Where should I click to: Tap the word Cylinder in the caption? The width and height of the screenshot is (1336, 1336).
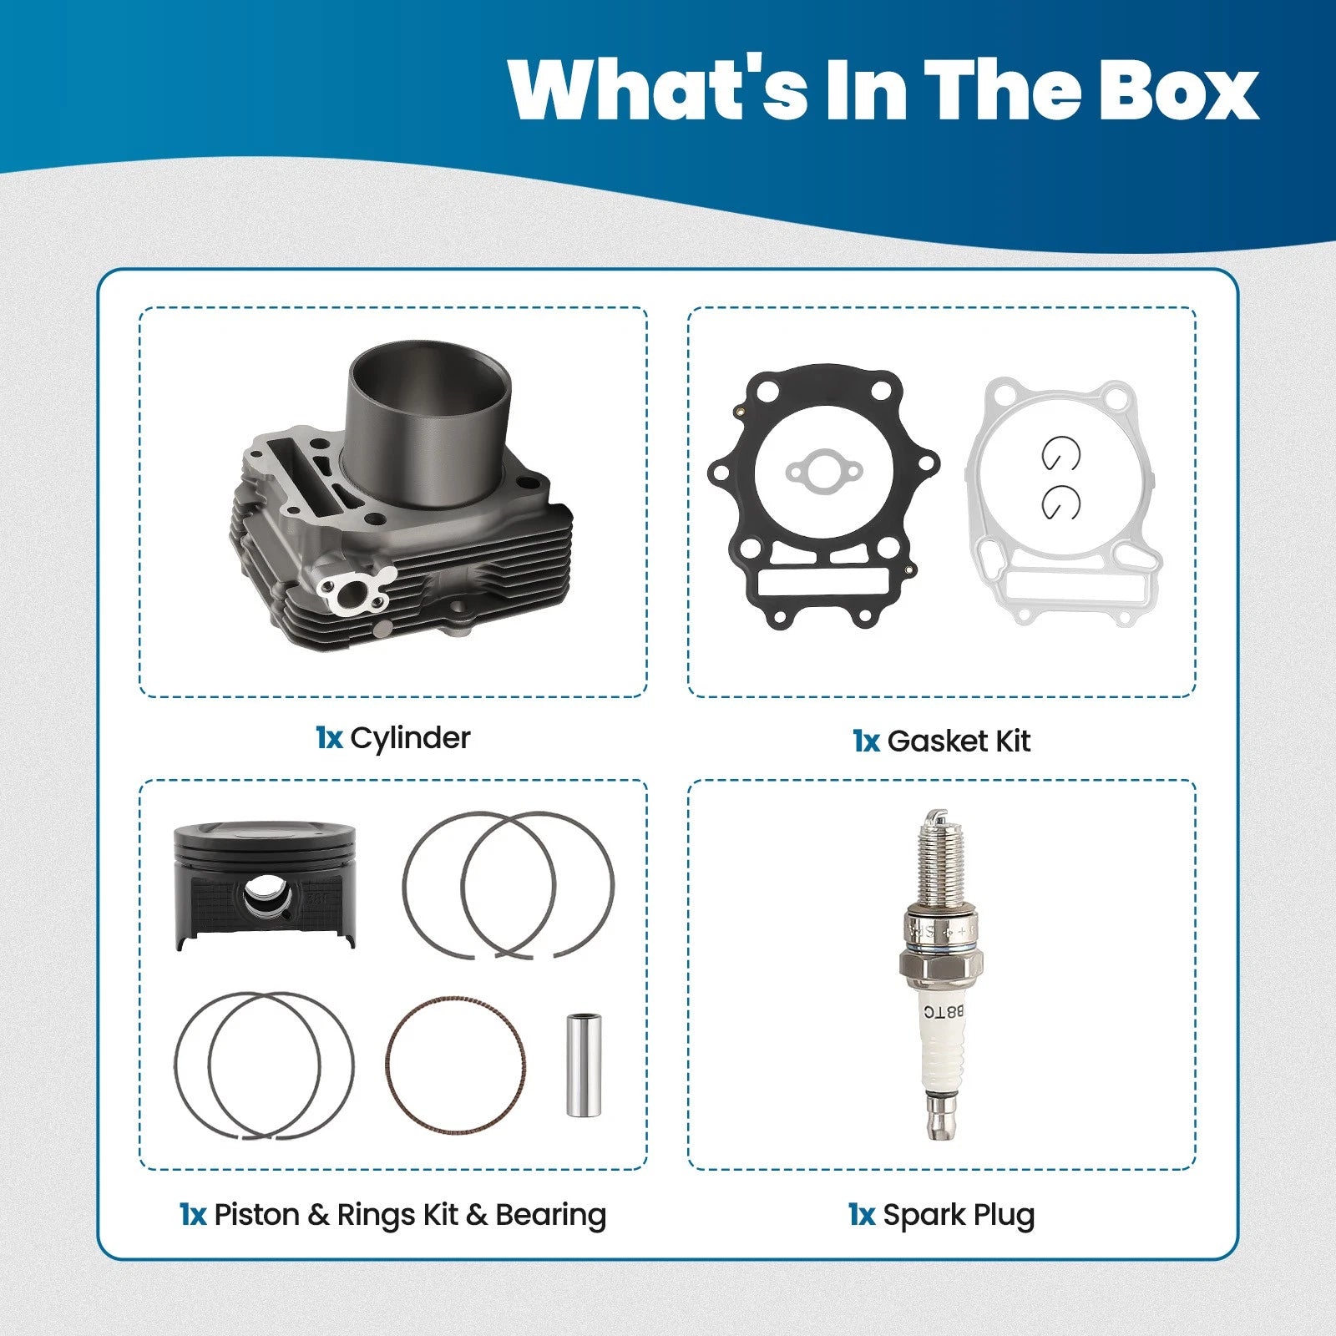tap(410, 738)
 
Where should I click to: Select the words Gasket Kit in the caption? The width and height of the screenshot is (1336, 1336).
tap(959, 741)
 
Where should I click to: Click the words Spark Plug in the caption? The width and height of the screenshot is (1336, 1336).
tap(959, 1215)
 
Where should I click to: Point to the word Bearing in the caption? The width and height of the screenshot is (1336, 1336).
tap(550, 1215)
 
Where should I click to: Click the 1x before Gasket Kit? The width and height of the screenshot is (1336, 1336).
tap(866, 741)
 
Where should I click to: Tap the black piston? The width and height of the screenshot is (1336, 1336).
tap(265, 886)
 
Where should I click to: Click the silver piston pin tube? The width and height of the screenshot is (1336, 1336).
tap(584, 1065)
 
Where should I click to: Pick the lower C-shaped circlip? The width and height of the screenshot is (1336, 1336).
tap(1060, 501)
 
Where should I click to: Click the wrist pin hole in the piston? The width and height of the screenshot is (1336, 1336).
tap(265, 895)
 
